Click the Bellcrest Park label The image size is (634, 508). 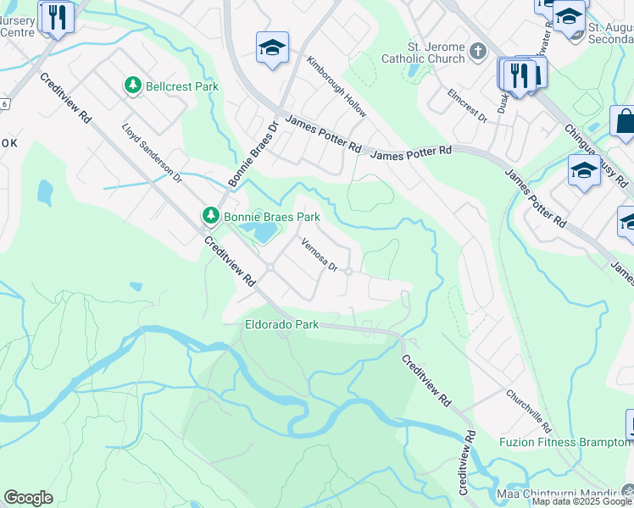(182, 86)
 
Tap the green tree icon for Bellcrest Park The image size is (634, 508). (132, 86)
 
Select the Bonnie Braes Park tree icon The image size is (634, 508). (210, 217)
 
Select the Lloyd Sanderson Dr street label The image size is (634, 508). (153, 154)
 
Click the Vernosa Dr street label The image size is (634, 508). (320, 255)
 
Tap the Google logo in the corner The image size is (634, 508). (28, 498)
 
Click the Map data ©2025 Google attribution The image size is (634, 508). (582, 502)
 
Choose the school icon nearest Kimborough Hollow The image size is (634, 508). (272, 48)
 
